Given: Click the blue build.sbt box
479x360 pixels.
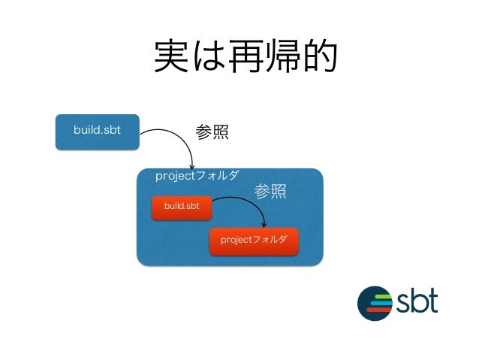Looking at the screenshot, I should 98,131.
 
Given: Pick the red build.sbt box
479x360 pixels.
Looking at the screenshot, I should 182,206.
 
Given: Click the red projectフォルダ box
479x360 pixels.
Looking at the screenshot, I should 254,240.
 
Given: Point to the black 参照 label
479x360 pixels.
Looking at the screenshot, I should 211,132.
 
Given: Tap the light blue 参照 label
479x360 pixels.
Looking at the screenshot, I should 270,192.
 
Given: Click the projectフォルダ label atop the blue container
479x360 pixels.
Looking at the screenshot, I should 197,176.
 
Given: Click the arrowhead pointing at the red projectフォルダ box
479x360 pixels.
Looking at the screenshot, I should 264,224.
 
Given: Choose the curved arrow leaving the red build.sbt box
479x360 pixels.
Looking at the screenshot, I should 244,203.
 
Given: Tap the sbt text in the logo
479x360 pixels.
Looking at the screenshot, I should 417,302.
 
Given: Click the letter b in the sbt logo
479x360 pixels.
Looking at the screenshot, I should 419,301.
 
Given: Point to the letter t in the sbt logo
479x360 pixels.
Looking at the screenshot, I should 433,301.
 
